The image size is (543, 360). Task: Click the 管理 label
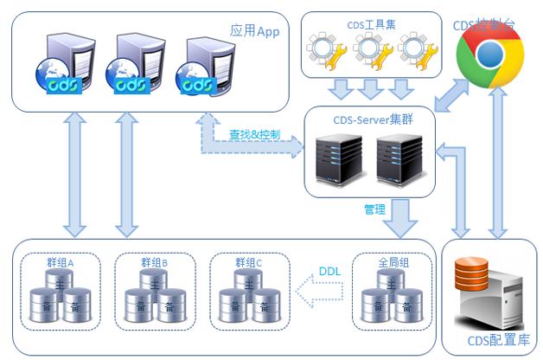[374, 209]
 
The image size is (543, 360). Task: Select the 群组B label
[154, 262]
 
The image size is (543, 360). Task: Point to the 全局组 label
[392, 262]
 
